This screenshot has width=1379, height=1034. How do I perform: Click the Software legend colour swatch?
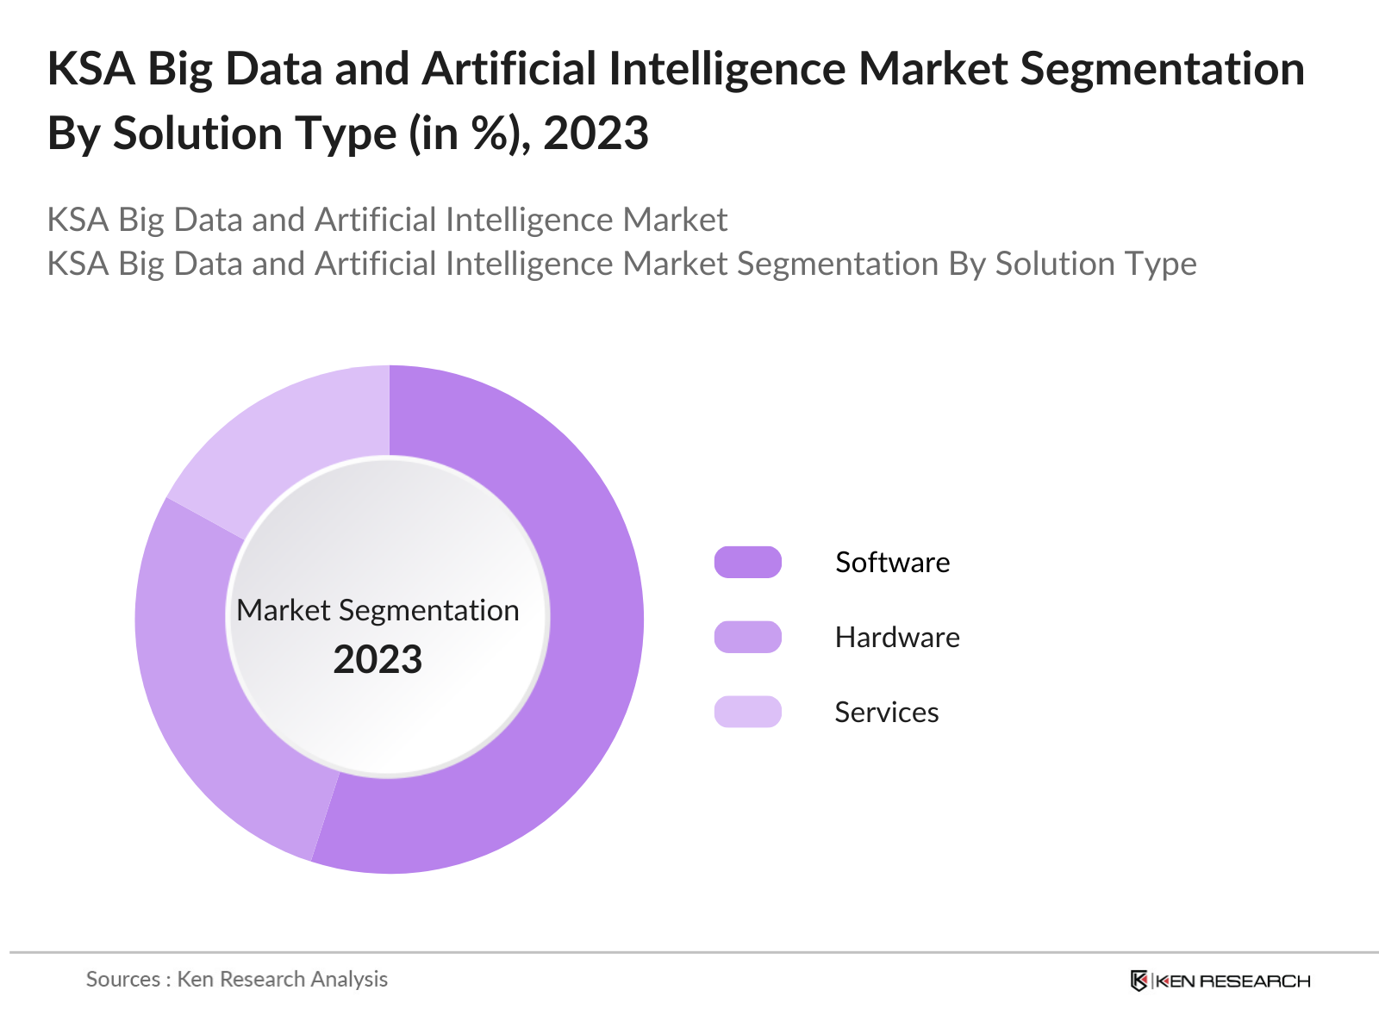(x=747, y=562)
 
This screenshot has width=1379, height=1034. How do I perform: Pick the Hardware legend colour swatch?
(x=747, y=637)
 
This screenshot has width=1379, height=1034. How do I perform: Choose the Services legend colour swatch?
(x=747, y=712)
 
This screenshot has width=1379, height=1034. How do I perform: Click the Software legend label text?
(x=892, y=562)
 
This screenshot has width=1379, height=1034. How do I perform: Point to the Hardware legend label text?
(x=896, y=637)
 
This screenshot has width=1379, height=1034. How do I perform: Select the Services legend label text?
(x=886, y=712)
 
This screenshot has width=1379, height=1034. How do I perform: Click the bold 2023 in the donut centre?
(x=378, y=660)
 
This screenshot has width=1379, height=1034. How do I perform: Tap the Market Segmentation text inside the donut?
(x=378, y=610)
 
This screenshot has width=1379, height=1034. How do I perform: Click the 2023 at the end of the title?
(x=596, y=134)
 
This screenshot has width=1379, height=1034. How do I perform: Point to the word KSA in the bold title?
(x=90, y=69)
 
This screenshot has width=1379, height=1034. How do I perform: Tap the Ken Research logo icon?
(x=1139, y=981)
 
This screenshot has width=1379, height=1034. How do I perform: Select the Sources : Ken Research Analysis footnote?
(x=236, y=979)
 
